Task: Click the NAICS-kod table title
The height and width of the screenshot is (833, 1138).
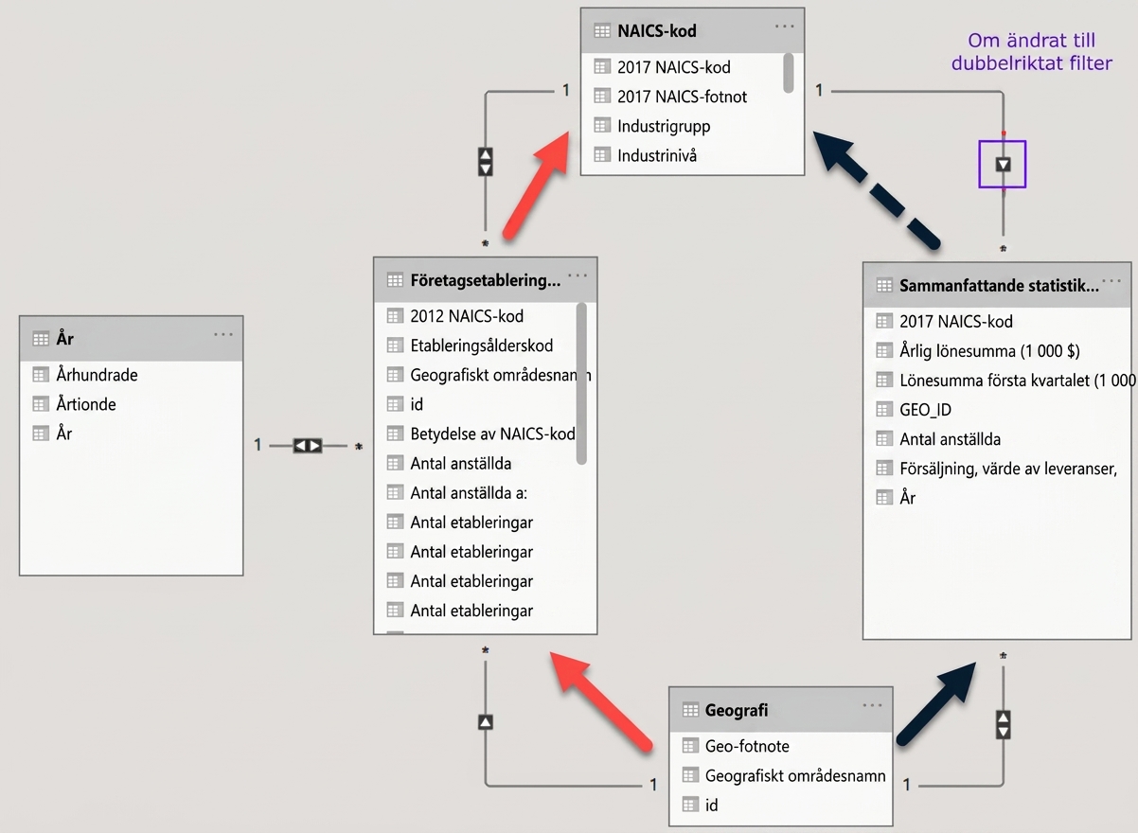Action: pos(656,31)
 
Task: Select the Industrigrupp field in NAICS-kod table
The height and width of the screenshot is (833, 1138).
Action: pos(664,127)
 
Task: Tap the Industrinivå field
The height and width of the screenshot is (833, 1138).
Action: pos(656,155)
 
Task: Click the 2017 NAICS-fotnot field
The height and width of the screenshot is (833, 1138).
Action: pos(682,97)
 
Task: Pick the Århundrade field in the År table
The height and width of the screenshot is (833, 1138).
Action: pos(97,375)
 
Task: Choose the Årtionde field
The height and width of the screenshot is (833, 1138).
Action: pos(86,404)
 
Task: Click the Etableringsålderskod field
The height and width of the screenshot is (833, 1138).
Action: pos(481,346)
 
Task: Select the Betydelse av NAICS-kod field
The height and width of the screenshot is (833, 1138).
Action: pos(492,434)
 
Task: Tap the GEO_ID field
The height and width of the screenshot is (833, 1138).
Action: pos(925,410)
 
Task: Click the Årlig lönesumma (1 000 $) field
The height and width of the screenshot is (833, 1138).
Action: pos(989,351)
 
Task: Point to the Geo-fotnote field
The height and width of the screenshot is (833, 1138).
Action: pos(747,746)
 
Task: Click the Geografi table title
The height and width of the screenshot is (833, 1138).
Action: pos(737,710)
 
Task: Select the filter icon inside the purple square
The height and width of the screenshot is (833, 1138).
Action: pos(1003,165)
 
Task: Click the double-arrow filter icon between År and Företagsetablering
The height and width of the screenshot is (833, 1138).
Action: pos(308,446)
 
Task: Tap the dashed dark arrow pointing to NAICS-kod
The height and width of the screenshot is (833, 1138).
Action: pos(876,189)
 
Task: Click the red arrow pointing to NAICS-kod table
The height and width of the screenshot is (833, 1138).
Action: pos(536,185)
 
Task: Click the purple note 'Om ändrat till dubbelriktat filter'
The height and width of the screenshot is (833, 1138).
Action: pos(1031,51)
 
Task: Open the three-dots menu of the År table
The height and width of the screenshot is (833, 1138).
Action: pos(223,334)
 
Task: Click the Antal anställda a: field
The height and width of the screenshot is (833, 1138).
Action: pos(469,492)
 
